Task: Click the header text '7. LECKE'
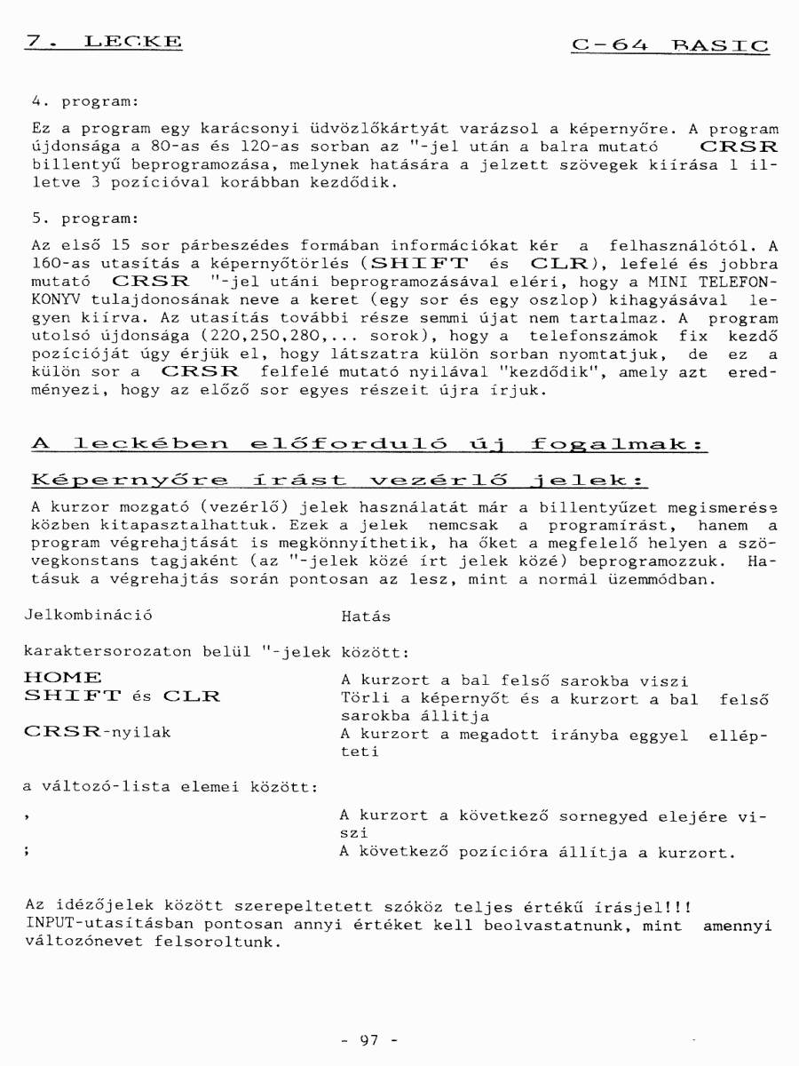click(105, 41)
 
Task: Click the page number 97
click(370, 1039)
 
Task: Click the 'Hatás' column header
click(365, 616)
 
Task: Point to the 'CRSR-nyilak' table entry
click(98, 733)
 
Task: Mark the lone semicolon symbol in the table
click(29, 853)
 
